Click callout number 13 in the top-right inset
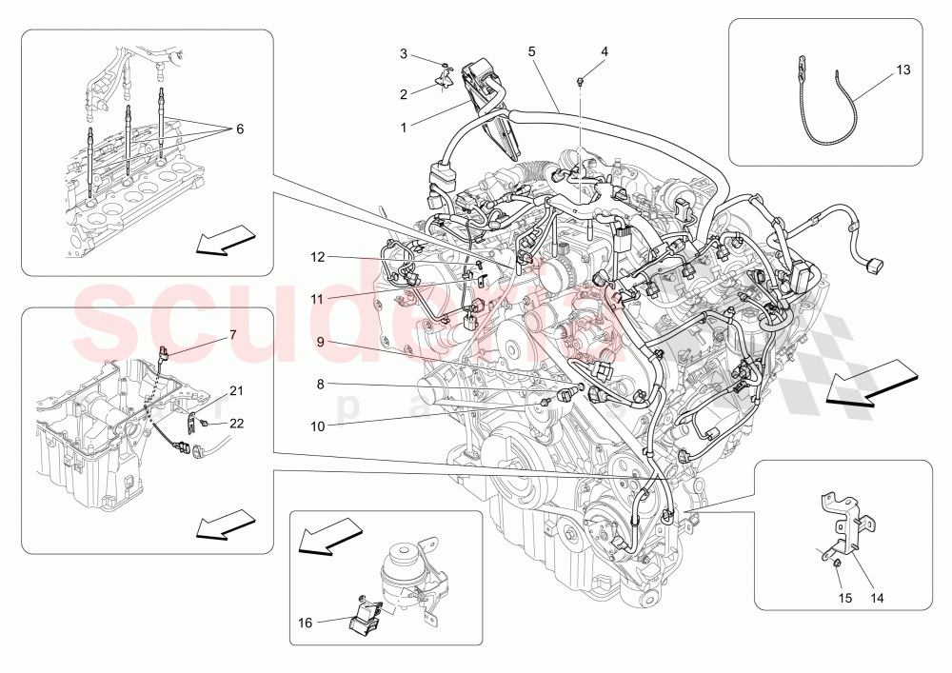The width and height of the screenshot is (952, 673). click(902, 70)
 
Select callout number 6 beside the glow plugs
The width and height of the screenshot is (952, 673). click(239, 129)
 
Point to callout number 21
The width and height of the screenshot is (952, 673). click(236, 390)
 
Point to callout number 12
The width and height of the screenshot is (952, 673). click(317, 257)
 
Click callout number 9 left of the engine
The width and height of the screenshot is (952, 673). click(321, 341)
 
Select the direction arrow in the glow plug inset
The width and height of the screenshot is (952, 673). click(226, 239)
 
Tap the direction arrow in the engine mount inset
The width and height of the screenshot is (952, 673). click(326, 535)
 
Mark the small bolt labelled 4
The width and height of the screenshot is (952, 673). click(580, 82)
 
